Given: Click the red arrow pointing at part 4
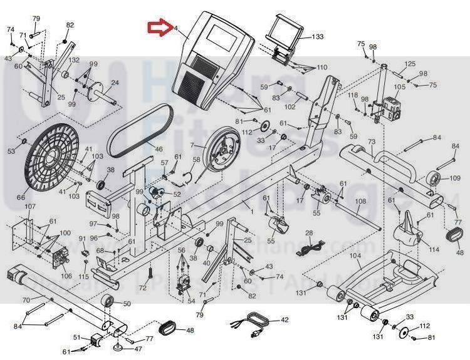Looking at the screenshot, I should [159, 27].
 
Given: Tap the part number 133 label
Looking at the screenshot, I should [318, 37].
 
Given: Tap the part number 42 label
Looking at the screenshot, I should [285, 319].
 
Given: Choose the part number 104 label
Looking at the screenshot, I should [355, 256].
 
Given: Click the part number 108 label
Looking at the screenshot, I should [360, 201].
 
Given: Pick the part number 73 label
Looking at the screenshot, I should [371, 143].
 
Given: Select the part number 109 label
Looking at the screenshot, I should [454, 178].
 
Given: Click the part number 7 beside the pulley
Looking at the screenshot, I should [193, 147].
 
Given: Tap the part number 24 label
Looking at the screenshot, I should [115, 83].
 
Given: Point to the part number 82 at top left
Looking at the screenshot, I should [70, 25].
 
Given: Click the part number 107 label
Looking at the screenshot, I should [30, 206].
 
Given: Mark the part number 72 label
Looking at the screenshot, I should [142, 287].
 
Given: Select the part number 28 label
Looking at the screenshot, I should [308, 233].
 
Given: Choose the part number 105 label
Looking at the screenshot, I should [400, 87].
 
